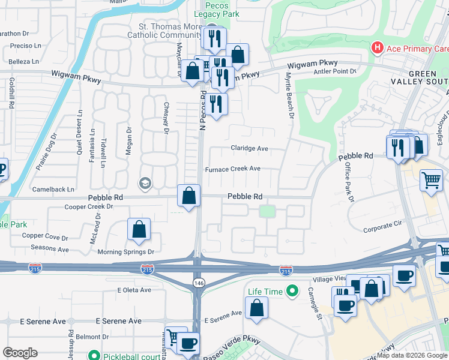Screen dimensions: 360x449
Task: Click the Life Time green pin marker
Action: click(292, 292)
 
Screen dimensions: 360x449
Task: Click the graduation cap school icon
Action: click(145, 182)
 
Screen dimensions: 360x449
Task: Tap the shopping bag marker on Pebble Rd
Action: click(189, 196)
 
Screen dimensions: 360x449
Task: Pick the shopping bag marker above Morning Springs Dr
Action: click(139, 230)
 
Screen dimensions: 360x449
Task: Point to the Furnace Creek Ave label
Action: click(233, 169)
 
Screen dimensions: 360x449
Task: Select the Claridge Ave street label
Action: click(249, 148)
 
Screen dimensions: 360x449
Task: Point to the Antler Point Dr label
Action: click(335, 71)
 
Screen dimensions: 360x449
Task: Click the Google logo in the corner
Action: click(20, 353)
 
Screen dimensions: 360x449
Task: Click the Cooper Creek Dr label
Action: click(89, 207)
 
